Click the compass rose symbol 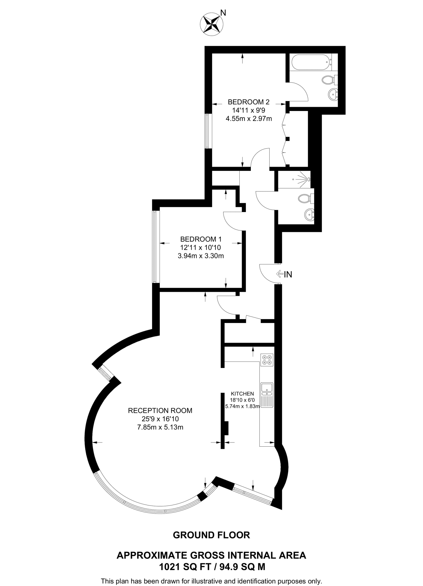(x=211, y=24)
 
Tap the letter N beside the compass (x=223, y=13)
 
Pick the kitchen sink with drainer (x=267, y=395)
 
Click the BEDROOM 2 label (x=249, y=102)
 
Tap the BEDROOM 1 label (x=201, y=239)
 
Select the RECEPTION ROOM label (x=160, y=411)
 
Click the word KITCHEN (x=242, y=394)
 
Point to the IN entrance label (x=288, y=274)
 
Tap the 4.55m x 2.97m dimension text (x=249, y=118)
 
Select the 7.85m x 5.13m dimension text (x=160, y=427)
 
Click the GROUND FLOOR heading (x=211, y=535)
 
